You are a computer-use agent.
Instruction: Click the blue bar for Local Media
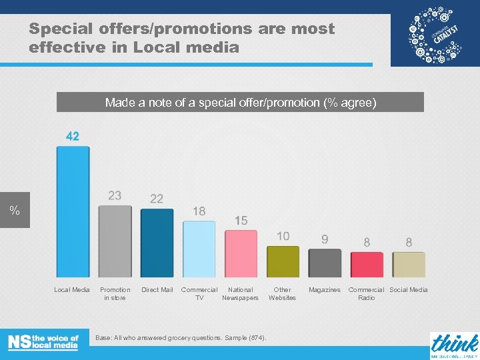[73, 211]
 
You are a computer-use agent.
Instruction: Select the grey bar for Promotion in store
[115, 241]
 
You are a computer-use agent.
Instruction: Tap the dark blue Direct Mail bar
[157, 243]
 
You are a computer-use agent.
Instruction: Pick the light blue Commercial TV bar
[199, 249]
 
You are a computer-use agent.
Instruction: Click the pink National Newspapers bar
[241, 253]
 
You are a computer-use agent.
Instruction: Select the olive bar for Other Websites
[283, 261]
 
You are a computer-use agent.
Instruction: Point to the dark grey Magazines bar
[325, 263]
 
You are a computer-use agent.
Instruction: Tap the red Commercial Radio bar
[367, 264]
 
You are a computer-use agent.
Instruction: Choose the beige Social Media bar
[409, 264]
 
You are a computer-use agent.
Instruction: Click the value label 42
[73, 136]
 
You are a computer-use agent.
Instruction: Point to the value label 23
[115, 195]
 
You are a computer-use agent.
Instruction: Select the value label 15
[241, 220]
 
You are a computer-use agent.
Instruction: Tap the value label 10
[283, 236]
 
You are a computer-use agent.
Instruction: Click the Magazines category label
[325, 290]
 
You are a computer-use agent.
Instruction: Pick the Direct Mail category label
[157, 290]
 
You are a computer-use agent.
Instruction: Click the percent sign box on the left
[15, 211]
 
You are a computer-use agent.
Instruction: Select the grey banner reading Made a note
[240, 103]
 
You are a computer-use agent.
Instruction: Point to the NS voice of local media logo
[43, 342]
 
